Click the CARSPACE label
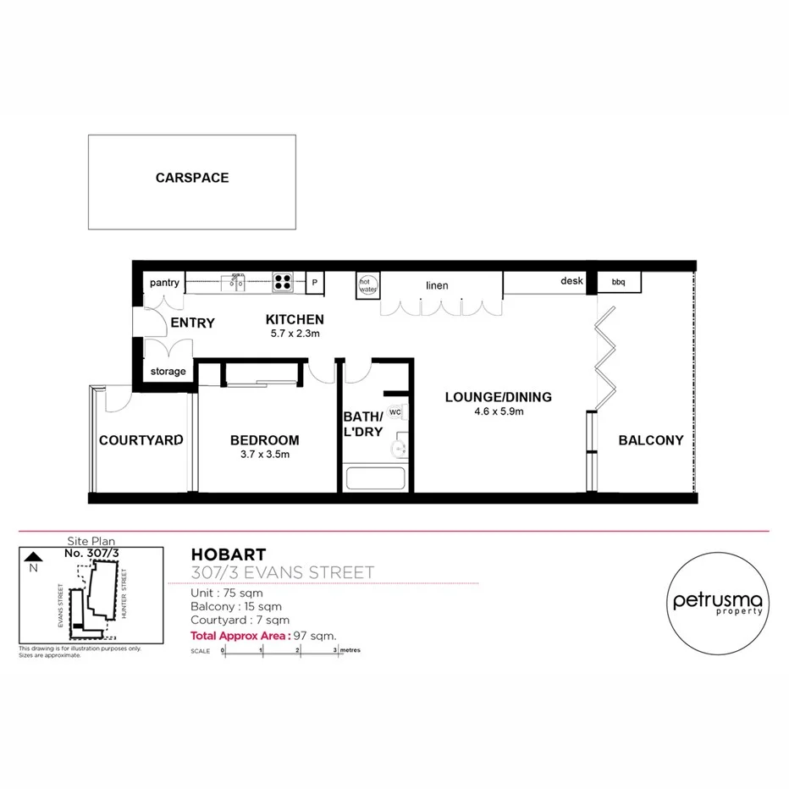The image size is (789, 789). click(192, 178)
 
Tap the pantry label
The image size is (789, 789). click(164, 283)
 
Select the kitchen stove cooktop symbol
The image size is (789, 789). click(283, 282)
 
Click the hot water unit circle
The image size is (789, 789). click(367, 284)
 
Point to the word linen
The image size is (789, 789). click(437, 285)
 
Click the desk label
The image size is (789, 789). click(571, 281)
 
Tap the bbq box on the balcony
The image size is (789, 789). click(619, 281)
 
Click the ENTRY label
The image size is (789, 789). click(192, 323)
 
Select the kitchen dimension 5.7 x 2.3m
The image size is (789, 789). click(295, 334)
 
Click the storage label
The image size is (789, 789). click(168, 372)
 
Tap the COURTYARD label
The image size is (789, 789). click(141, 440)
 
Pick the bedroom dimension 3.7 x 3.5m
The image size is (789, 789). click(264, 455)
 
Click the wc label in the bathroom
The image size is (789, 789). click(394, 412)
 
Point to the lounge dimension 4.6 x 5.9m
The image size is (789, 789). click(498, 411)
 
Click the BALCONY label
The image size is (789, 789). click(650, 440)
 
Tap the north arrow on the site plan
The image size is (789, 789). click(33, 557)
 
